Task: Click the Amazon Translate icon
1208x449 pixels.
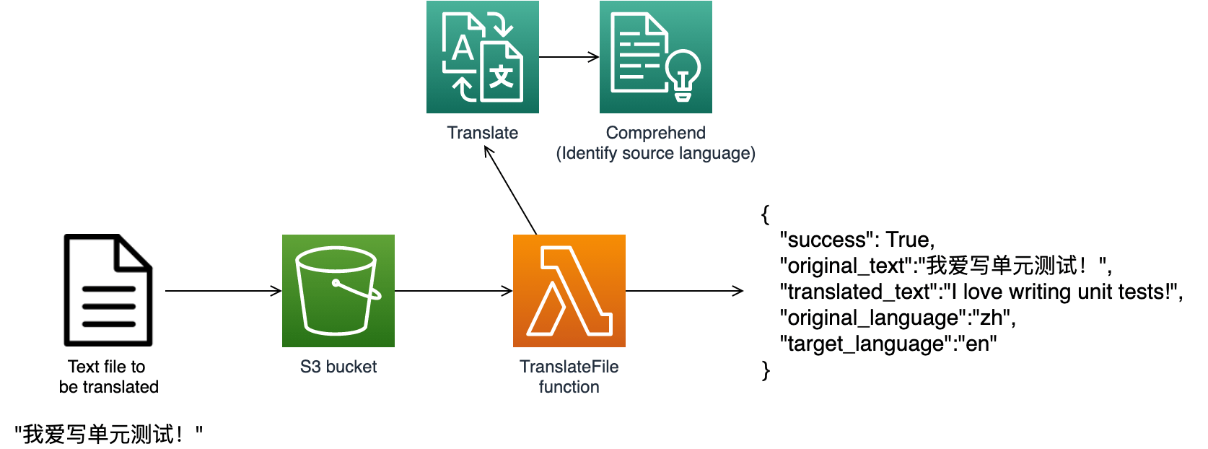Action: pyautogui.click(x=482, y=57)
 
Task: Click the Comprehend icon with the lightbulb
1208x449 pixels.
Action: pyautogui.click(x=655, y=57)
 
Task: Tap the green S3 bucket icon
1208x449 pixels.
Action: pyautogui.click(x=338, y=291)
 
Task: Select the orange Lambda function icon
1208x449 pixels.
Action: pyautogui.click(x=569, y=291)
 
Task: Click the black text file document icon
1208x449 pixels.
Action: pyautogui.click(x=108, y=290)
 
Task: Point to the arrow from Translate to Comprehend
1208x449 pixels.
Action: pyautogui.click(x=569, y=57)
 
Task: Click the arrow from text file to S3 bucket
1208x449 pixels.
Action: pyautogui.click(x=223, y=291)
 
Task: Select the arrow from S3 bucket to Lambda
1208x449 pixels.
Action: pyautogui.click(x=453, y=291)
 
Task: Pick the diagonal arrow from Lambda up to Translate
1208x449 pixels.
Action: pyautogui.click(x=511, y=191)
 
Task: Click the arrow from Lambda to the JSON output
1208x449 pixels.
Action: pyautogui.click(x=684, y=291)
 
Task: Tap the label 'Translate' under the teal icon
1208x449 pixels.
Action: pyautogui.click(x=482, y=133)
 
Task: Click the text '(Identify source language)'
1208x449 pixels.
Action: pyautogui.click(x=655, y=153)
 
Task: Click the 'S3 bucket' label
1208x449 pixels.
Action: pyautogui.click(x=338, y=367)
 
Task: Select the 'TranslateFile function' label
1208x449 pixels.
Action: pyautogui.click(x=569, y=377)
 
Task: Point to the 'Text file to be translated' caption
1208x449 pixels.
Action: pyautogui.click(x=108, y=377)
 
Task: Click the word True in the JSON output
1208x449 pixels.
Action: pyautogui.click(x=908, y=240)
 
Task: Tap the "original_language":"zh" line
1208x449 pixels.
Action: pyautogui.click(x=897, y=318)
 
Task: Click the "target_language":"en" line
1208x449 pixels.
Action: pyautogui.click(x=888, y=344)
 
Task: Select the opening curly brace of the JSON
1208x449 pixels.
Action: pyautogui.click(x=765, y=214)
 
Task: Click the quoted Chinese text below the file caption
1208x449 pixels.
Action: pyautogui.click(x=108, y=435)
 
